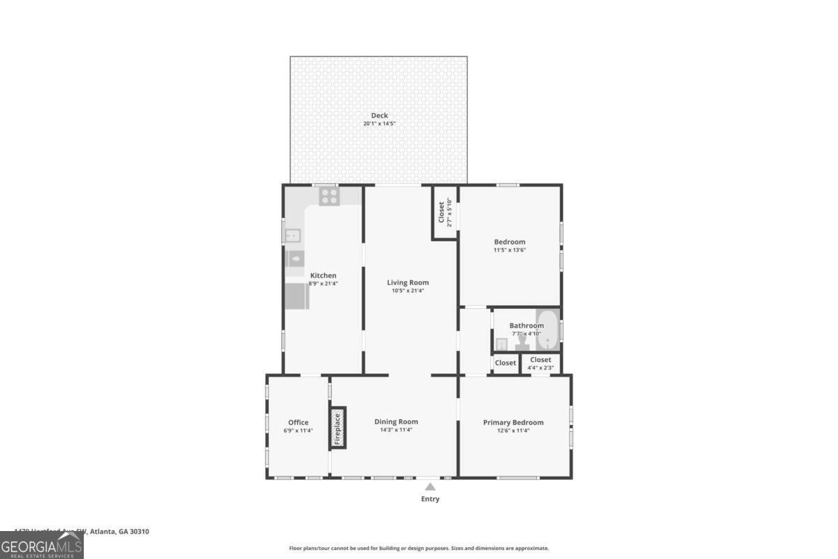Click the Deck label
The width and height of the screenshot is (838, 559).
(379, 116)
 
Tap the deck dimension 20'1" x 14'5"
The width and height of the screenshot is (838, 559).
(379, 124)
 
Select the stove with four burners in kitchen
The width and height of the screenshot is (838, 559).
(329, 196)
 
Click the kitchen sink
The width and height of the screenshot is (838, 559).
(293, 235)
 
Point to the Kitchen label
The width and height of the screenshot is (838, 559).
(323, 275)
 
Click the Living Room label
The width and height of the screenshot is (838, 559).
(408, 282)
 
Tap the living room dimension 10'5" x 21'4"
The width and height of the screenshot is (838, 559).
(408, 291)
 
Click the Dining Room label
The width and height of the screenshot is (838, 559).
(396, 421)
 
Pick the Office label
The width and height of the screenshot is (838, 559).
(298, 422)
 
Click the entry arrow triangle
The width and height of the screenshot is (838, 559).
(430, 487)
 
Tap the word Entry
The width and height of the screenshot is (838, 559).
(430, 499)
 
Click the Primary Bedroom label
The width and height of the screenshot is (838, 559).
(513, 422)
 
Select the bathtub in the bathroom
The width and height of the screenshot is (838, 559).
(548, 329)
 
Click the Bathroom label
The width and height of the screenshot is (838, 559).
(526, 326)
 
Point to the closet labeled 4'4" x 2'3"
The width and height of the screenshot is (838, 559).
(541, 363)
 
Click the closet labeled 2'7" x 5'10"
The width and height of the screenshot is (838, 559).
(445, 212)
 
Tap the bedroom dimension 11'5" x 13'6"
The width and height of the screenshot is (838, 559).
(510, 250)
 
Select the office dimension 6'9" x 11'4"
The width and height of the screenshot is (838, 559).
(298, 430)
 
